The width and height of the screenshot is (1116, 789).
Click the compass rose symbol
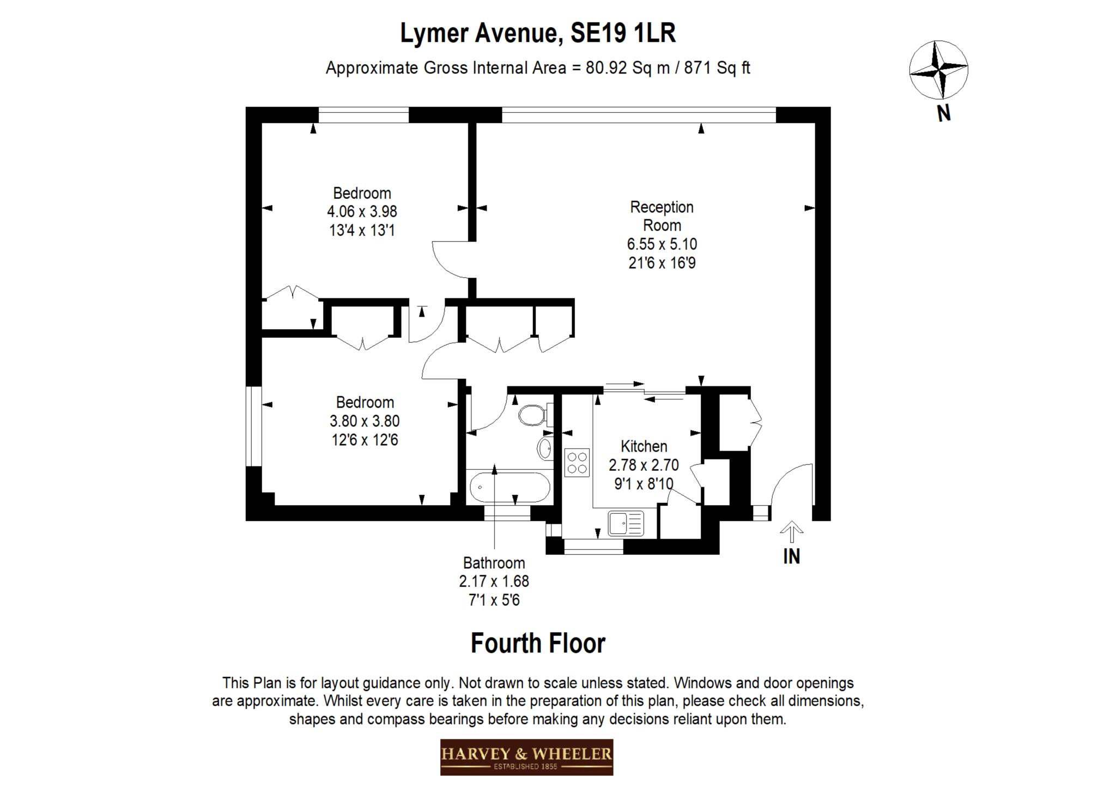(x=938, y=69)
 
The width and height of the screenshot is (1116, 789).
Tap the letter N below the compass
(x=944, y=113)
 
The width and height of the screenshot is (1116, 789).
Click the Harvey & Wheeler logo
(x=526, y=757)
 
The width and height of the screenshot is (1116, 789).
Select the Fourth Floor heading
(x=538, y=644)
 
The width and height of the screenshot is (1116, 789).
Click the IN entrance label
(x=791, y=556)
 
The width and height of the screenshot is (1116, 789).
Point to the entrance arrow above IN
(x=791, y=531)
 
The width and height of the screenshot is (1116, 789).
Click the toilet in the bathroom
(x=533, y=415)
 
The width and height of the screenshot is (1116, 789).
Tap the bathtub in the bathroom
(x=510, y=487)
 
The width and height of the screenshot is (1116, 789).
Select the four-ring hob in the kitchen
(x=577, y=462)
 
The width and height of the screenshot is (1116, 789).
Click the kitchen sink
(x=626, y=524)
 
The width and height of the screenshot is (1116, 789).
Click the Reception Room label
(x=662, y=216)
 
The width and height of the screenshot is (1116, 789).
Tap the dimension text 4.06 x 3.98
(x=362, y=211)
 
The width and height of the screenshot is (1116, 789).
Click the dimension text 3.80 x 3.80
(x=365, y=421)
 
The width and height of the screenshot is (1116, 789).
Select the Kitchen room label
(x=644, y=446)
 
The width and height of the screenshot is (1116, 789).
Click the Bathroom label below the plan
(x=494, y=563)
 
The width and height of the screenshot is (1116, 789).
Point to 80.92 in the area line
(x=607, y=68)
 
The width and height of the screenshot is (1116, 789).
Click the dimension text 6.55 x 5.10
(x=662, y=244)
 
